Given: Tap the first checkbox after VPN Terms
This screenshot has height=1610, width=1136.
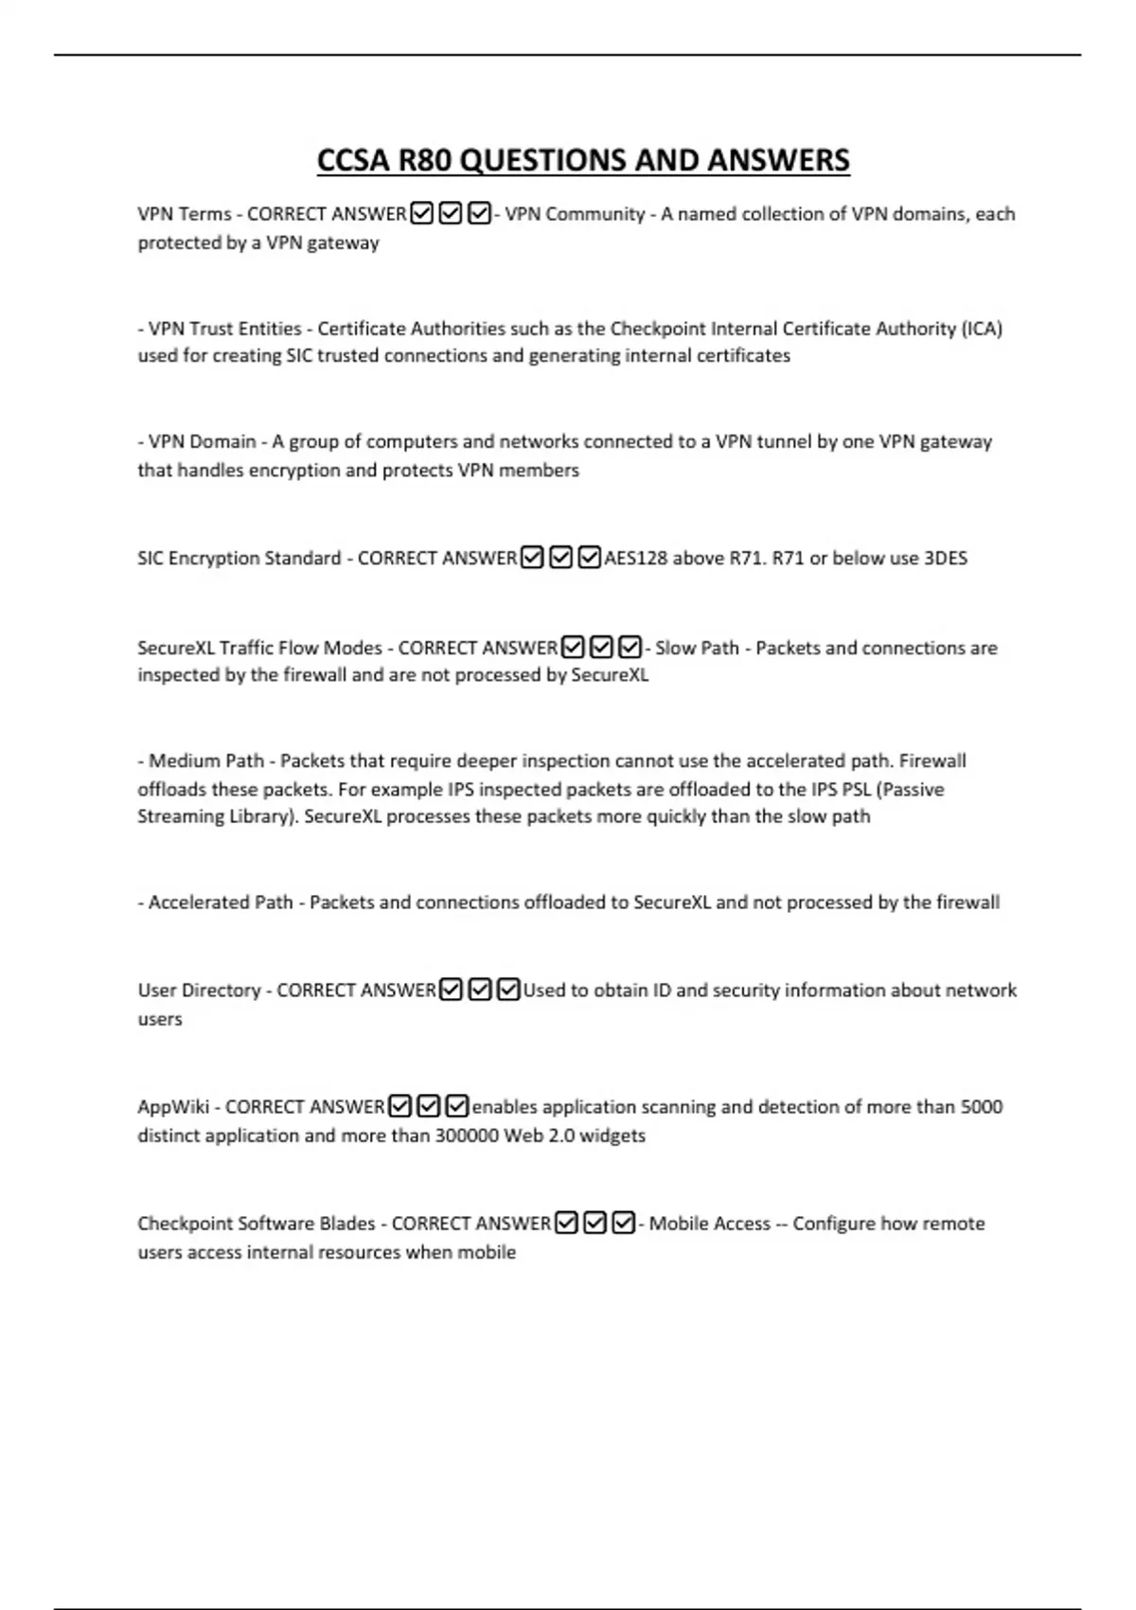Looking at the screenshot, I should [x=422, y=214].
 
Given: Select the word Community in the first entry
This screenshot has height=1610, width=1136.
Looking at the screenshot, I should [x=595, y=214].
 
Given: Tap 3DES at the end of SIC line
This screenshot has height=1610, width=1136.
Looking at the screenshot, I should [x=945, y=558].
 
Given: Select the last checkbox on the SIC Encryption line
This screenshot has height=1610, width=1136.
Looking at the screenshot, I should [x=589, y=558].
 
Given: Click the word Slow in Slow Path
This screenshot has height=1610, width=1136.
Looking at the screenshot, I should [x=675, y=648].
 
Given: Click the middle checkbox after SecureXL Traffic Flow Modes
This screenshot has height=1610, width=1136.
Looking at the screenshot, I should [x=601, y=648].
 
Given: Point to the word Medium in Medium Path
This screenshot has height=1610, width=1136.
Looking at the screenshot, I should [x=178, y=760].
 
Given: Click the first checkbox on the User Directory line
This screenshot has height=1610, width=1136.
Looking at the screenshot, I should [x=452, y=991].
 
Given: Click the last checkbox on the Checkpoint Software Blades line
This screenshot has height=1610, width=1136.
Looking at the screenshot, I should [x=623, y=1224].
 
